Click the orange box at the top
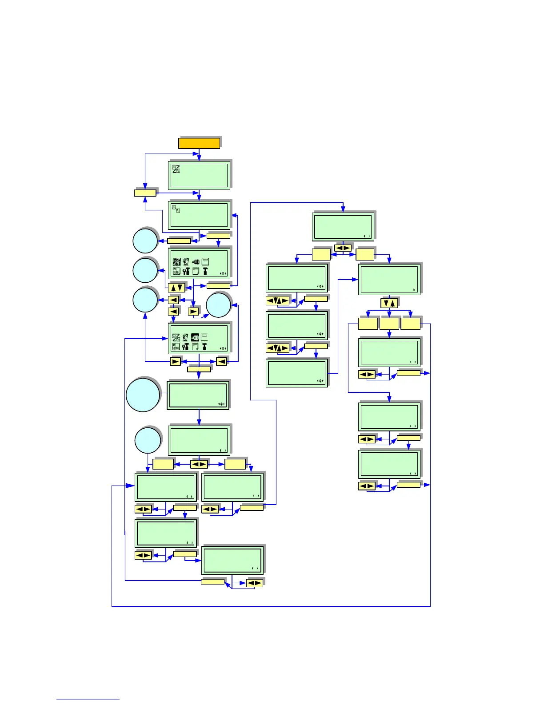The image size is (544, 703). tap(199, 143)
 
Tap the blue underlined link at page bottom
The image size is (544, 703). tap(88, 699)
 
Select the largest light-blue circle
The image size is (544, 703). tap(143, 395)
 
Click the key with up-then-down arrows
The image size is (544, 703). tap(176, 287)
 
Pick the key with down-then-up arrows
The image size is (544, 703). tap(389, 304)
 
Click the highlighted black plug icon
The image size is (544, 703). tap(195, 337)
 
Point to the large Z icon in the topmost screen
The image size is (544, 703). tap(176, 169)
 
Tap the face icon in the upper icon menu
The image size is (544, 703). tap(186, 262)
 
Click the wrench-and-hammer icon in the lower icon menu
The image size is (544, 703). tap(186, 347)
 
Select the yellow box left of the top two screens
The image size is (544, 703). tap(145, 193)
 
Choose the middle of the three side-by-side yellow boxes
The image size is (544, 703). tap(389, 324)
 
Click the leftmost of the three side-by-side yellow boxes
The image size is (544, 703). tap(368, 324)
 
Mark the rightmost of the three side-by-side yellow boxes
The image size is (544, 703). tap(410, 324)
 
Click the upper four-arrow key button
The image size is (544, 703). tap(277, 301)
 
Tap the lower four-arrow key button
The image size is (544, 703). tap(277, 348)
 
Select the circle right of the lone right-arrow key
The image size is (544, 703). tap(219, 305)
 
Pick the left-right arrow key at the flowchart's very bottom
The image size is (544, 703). tap(255, 583)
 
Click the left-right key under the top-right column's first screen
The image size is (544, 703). tap(343, 248)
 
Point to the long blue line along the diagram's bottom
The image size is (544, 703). tap(271, 606)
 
